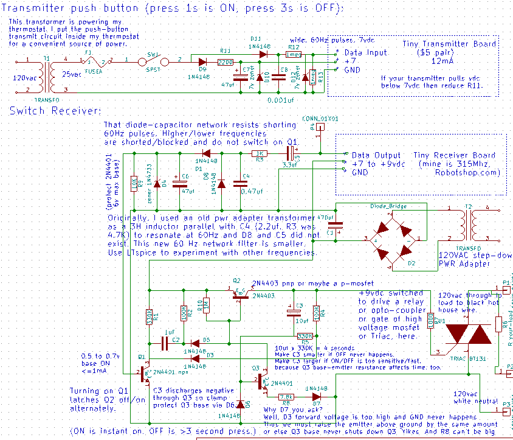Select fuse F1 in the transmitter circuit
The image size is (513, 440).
coord(97,62)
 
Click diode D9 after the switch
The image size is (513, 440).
coord(202,61)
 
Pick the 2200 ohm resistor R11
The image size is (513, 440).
coord(226,61)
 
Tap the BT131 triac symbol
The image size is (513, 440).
coord(469,334)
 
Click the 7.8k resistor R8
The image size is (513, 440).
coord(286,396)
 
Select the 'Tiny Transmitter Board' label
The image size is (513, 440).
coord(449,44)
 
